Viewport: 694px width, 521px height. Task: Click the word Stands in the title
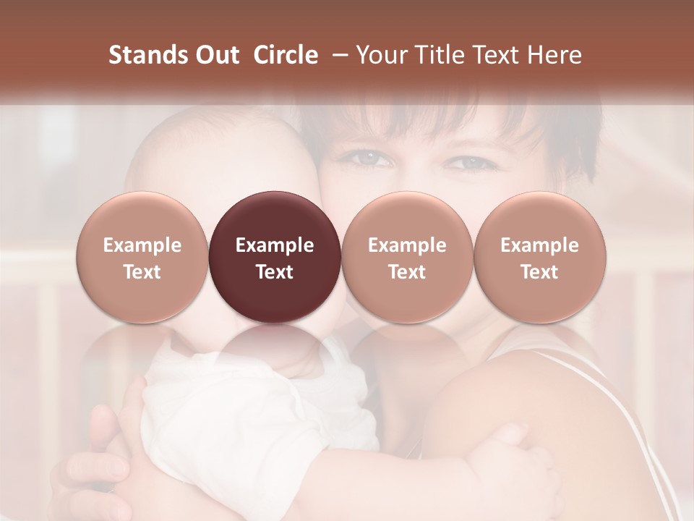coord(144,55)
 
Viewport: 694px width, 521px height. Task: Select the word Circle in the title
coord(286,55)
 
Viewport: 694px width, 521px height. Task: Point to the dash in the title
coord(338,56)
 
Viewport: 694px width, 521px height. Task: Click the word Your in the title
coord(380,55)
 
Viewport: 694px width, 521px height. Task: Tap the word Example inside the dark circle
coord(274,245)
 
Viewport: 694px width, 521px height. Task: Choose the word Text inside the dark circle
coord(274,272)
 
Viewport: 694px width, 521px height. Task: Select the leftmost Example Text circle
coord(142,257)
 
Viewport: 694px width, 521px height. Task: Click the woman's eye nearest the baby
coord(369,157)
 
